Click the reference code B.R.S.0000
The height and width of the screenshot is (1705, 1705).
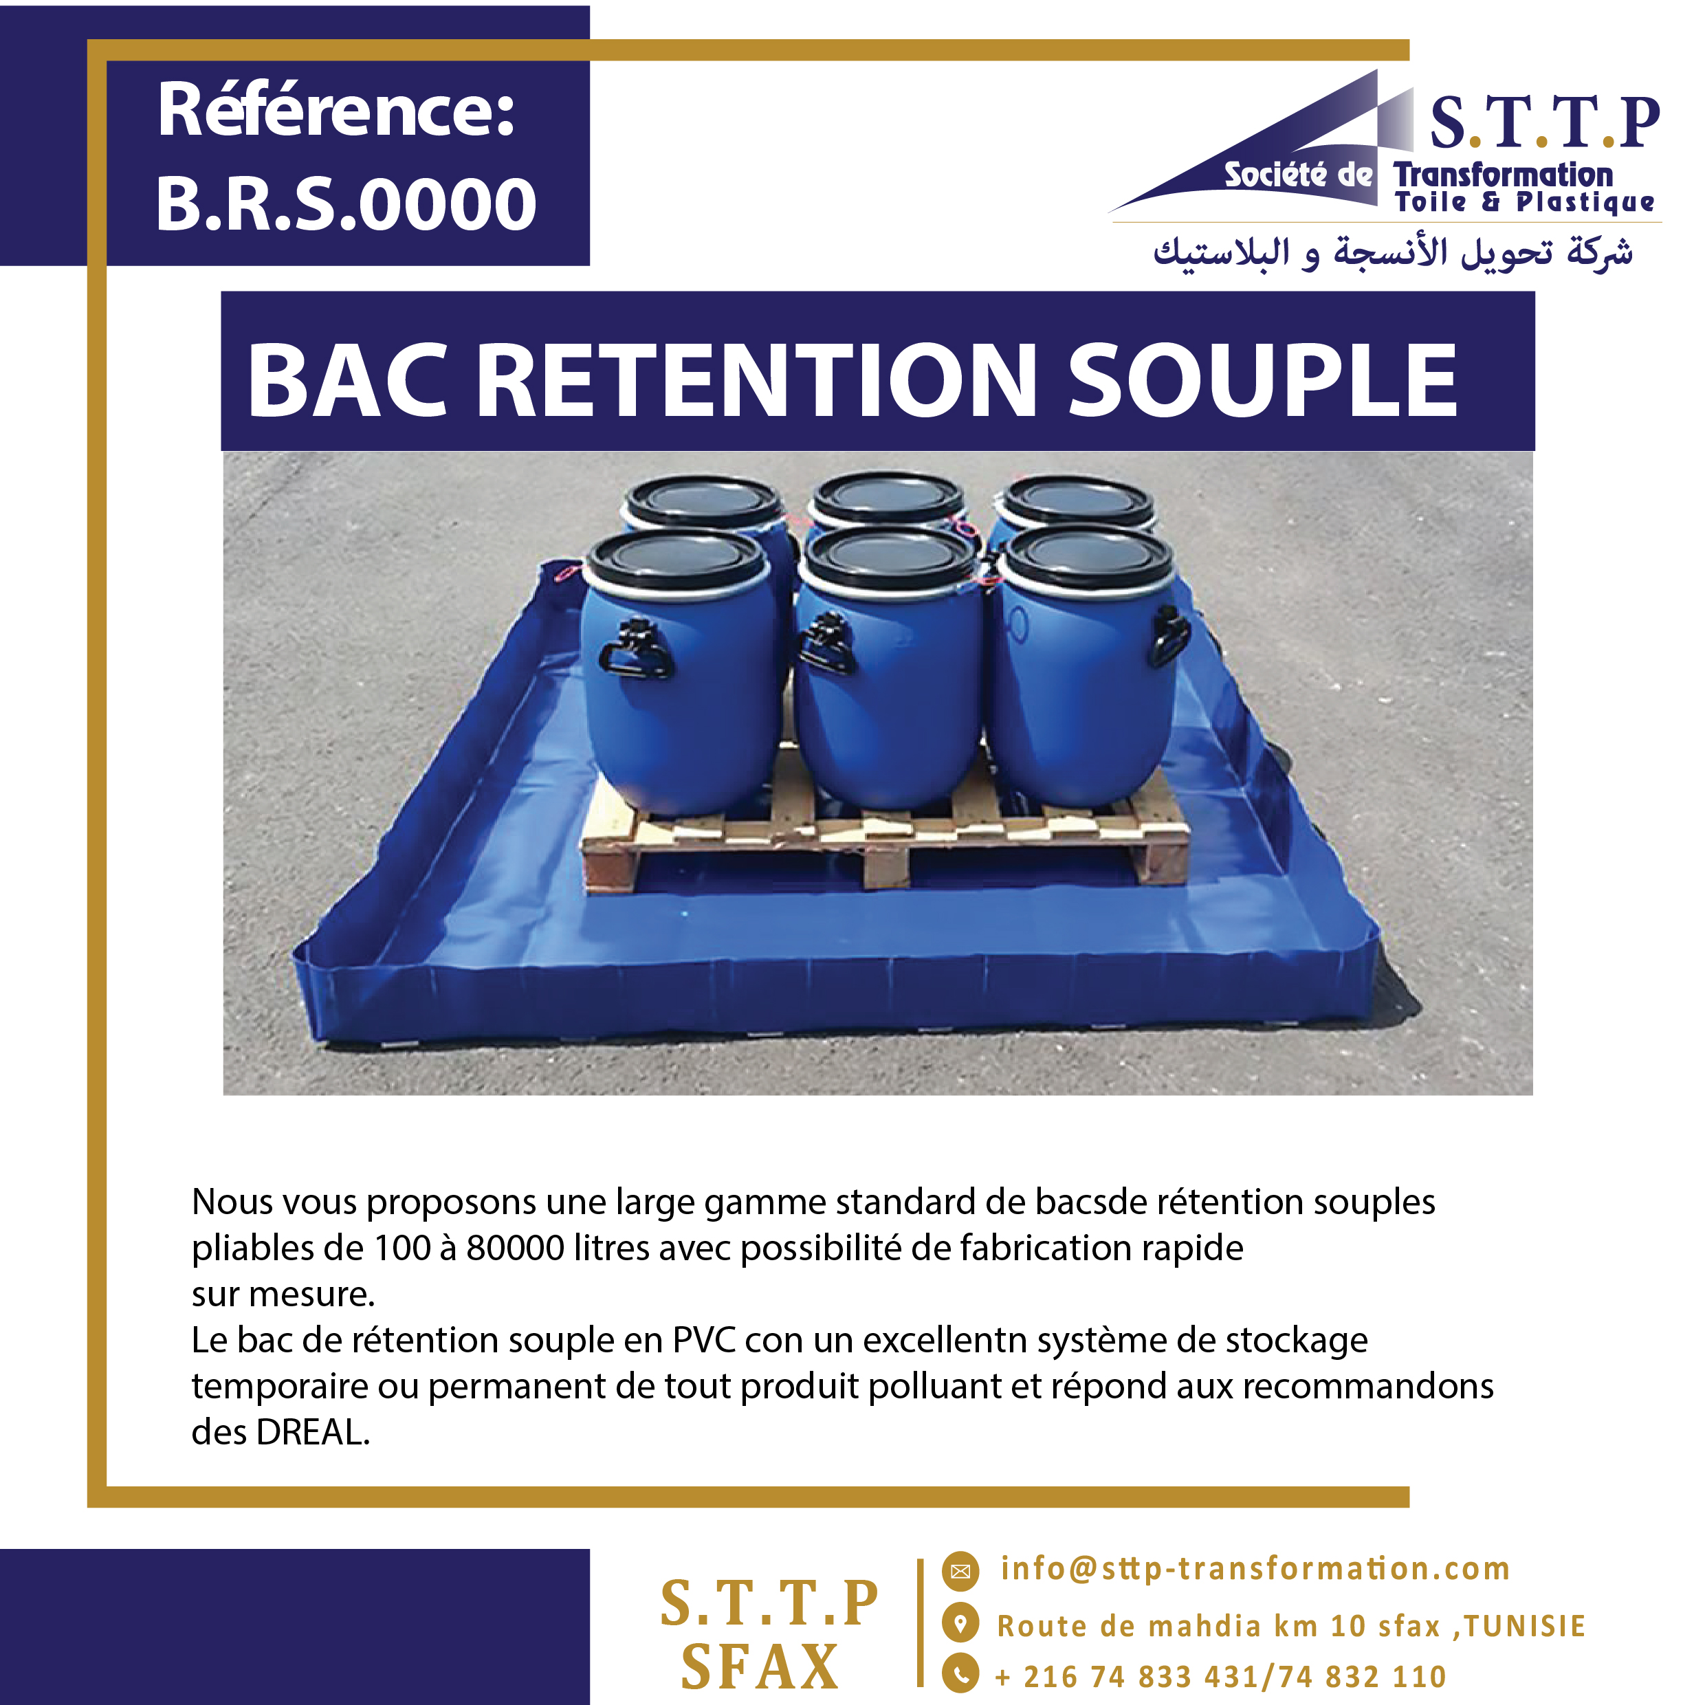(x=346, y=205)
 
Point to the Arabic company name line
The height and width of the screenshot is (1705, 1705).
(x=1393, y=252)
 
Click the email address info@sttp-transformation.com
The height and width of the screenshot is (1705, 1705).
(x=1255, y=1568)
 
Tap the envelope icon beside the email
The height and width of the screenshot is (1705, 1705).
(x=960, y=1571)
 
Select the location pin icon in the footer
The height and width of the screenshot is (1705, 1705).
(x=960, y=1622)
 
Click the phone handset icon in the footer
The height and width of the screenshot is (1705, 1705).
(x=960, y=1673)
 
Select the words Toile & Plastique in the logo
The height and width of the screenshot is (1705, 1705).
(x=1524, y=202)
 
